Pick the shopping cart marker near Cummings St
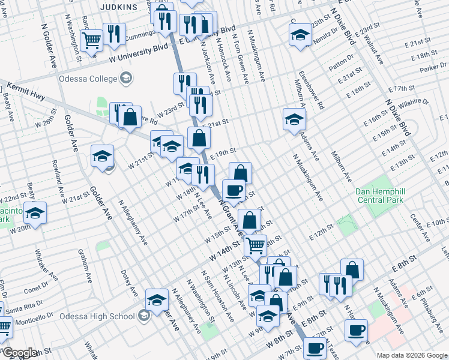pyautogui.click(x=91, y=41)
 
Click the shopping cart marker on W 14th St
pyautogui.click(x=256, y=244)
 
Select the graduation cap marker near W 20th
pyautogui.click(x=35, y=213)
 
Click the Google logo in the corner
pyautogui.click(x=20, y=353)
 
